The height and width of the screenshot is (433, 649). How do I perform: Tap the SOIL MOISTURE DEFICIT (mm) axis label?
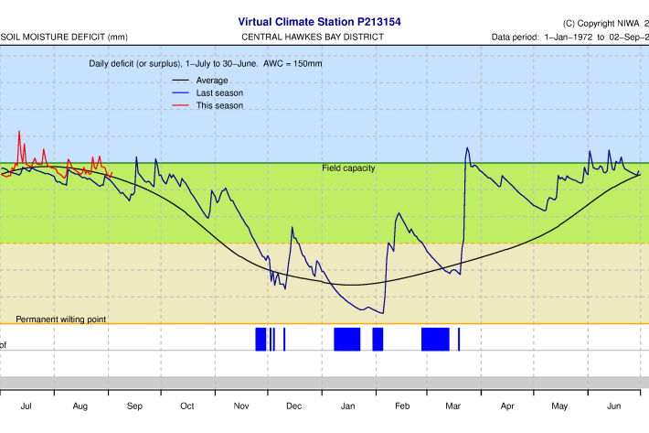[64, 37]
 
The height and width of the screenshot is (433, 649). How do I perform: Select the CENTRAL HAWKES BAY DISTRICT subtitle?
[313, 37]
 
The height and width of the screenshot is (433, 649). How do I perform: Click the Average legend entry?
[212, 81]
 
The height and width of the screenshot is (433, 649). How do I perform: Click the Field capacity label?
[348, 168]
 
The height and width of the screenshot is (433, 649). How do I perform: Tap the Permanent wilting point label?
[61, 319]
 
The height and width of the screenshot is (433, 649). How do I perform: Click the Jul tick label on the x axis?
[27, 405]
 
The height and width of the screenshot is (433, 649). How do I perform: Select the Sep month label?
[134, 405]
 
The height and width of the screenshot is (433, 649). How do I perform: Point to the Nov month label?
[241, 405]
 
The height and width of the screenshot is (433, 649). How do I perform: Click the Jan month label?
[349, 405]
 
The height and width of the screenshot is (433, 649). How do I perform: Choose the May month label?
[560, 405]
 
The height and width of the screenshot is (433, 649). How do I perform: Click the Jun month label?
[614, 405]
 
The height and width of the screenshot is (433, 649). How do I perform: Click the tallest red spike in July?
[19, 132]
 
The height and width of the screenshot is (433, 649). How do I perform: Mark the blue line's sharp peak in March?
[467, 148]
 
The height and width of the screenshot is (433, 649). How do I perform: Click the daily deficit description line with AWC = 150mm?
[205, 64]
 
